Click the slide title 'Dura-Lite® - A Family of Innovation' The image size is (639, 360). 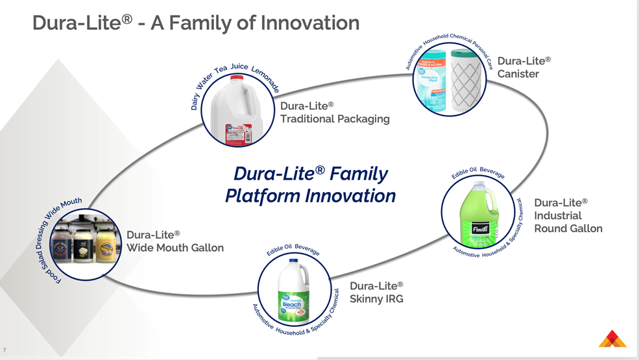[x=196, y=23]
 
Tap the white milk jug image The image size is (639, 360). [x=237, y=112]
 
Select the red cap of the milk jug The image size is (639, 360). [x=237, y=78]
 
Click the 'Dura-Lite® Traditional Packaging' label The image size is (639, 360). [x=334, y=112]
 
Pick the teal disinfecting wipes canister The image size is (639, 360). [x=432, y=81]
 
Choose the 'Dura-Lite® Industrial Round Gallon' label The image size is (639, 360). [x=568, y=215]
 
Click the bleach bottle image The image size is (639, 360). [x=294, y=291]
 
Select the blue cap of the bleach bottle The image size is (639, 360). [x=294, y=261]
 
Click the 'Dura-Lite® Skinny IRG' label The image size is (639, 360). [x=376, y=292]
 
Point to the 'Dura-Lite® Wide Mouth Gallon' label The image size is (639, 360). [x=175, y=241]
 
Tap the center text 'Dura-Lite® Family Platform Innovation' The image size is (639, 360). [x=310, y=185]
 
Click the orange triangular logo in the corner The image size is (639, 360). [x=612, y=339]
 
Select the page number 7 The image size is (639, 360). [x=5, y=350]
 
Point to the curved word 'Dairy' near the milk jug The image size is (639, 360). [x=195, y=101]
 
